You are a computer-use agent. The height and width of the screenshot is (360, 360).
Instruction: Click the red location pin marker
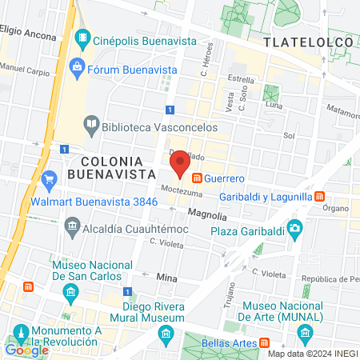(181, 162)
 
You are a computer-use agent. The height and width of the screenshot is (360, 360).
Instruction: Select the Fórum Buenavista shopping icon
(78, 66)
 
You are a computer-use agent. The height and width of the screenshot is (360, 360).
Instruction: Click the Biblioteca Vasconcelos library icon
(92, 124)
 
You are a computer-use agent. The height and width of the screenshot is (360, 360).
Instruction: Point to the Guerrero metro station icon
(196, 177)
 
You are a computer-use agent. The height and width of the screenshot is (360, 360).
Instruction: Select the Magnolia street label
(207, 216)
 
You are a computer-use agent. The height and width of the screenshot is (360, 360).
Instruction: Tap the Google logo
(27, 350)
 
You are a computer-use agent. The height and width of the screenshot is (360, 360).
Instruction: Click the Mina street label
(166, 277)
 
